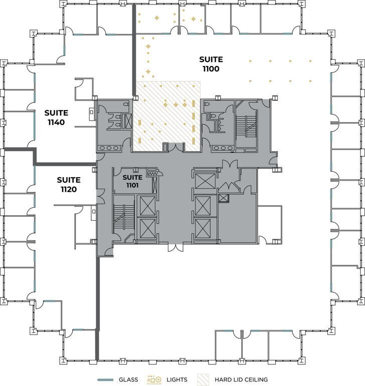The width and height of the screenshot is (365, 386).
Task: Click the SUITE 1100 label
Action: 211,64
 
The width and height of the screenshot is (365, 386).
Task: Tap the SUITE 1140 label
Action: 56,117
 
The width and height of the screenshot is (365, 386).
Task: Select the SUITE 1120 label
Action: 68,184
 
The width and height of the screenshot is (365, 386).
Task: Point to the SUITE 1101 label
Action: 132,181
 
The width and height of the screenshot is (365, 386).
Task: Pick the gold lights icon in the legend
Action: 154,379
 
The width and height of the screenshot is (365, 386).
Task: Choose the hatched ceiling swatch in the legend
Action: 205,379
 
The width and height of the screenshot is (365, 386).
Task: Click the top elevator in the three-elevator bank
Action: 205,181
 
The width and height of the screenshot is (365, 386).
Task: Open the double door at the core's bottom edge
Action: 175,247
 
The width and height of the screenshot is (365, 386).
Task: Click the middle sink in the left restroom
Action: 108,148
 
